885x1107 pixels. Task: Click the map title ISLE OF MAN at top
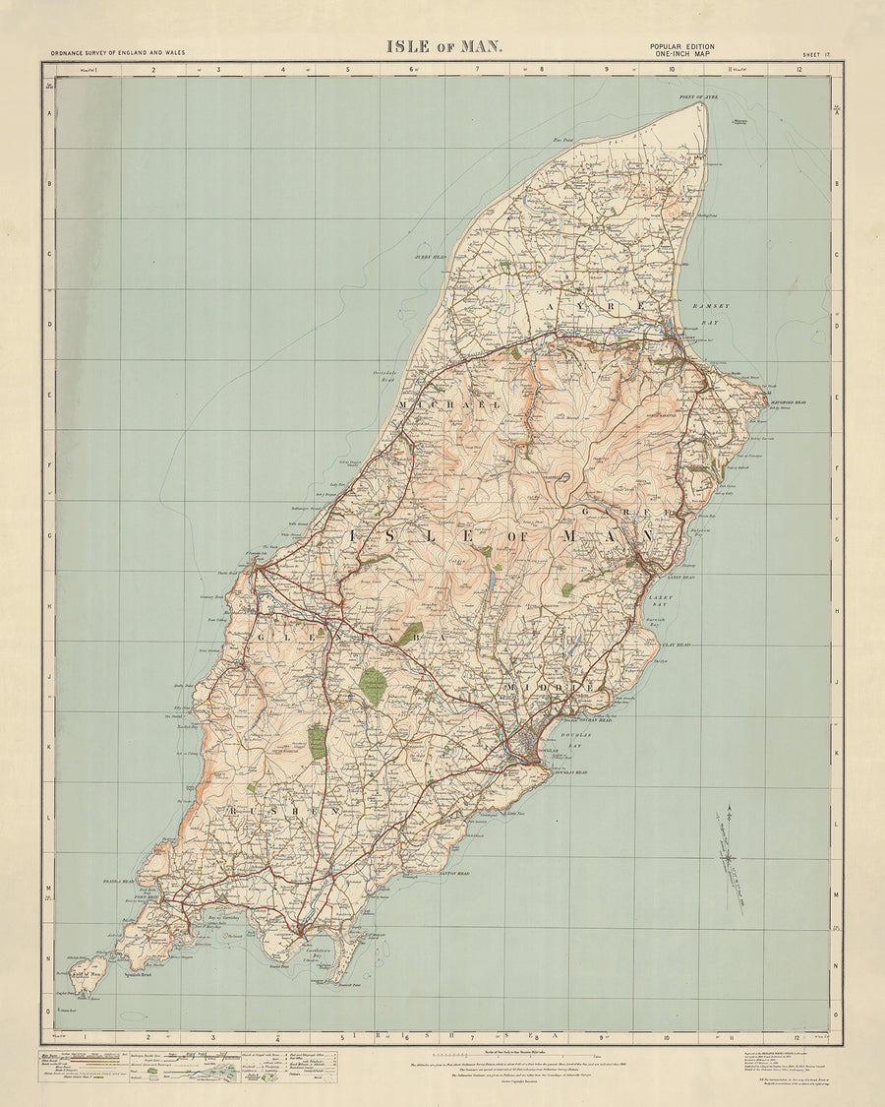pyautogui.click(x=443, y=46)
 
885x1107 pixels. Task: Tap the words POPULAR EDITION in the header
pyautogui.click(x=681, y=46)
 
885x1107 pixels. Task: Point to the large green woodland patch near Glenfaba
pyautogui.click(x=373, y=685)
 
